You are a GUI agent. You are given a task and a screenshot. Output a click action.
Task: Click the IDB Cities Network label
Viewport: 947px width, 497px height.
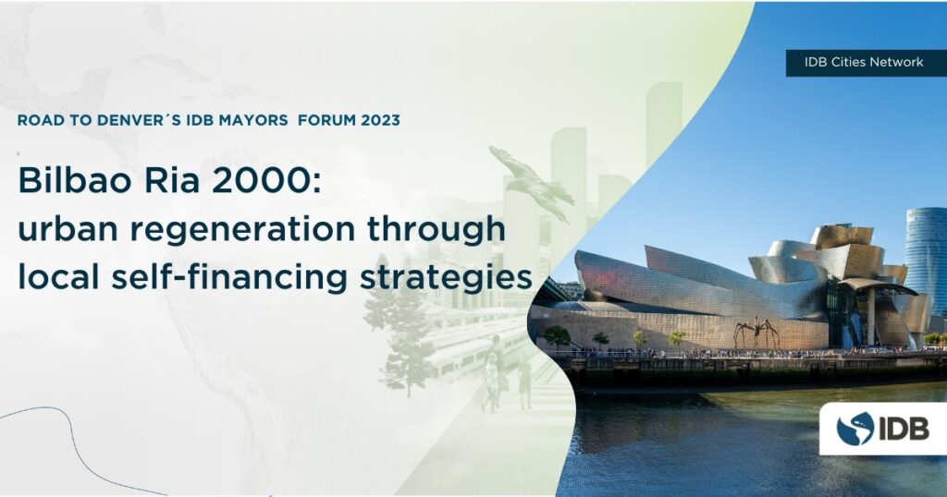pyautogui.click(x=864, y=62)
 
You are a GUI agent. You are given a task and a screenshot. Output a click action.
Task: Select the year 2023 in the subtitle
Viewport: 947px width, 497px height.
pyautogui.click(x=380, y=120)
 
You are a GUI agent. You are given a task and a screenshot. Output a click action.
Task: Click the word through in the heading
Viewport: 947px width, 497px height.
pyautogui.click(x=437, y=228)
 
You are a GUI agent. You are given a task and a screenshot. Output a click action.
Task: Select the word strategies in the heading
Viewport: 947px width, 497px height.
pyautogui.click(x=446, y=278)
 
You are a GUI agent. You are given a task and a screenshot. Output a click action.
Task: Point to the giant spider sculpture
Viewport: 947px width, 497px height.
pyautogui.click(x=756, y=333)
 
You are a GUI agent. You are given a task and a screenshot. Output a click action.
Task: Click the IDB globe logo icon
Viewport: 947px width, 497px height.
pyautogui.click(x=855, y=429)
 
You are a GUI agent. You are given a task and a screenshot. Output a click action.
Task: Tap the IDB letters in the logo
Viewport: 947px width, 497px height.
pyautogui.click(x=904, y=429)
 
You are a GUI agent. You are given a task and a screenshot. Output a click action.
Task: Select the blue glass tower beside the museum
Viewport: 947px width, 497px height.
pyautogui.click(x=926, y=260)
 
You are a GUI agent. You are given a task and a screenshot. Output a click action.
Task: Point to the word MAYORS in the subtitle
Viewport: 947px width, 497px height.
pyautogui.click(x=253, y=120)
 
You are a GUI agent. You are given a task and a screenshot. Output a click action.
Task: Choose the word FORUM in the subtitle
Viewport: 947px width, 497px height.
pyautogui.click(x=326, y=120)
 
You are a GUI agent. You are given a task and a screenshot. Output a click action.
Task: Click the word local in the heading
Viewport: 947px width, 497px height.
pyautogui.click(x=58, y=277)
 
